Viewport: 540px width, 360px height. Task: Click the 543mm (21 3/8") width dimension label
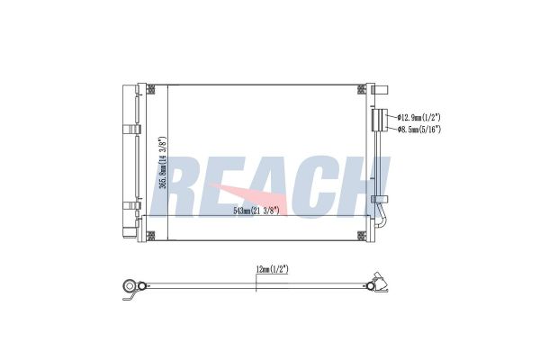(258, 210)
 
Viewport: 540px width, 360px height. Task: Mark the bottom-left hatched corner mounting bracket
(150, 235)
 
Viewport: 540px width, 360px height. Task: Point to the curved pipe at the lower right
(385, 220)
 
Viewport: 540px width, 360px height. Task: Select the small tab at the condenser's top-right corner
(382, 89)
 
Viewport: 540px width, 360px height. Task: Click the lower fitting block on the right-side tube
(382, 196)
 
